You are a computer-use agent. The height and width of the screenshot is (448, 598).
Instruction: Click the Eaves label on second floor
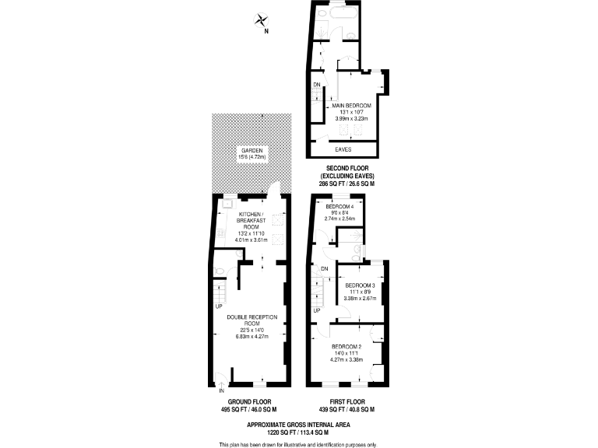click(x=343, y=149)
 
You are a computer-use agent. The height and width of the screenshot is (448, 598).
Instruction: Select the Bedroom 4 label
click(x=339, y=206)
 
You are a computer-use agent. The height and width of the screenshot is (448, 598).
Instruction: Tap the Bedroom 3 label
click(x=360, y=285)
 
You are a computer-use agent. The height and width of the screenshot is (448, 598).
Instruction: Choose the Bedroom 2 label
click(x=346, y=346)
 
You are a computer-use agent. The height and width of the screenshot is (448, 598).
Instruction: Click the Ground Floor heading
click(x=249, y=401)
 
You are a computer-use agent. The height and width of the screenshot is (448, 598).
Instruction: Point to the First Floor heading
click(x=347, y=401)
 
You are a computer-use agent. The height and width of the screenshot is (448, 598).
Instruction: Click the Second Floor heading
click(x=347, y=168)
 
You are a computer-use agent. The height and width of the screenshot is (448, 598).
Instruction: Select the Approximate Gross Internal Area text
click(x=298, y=424)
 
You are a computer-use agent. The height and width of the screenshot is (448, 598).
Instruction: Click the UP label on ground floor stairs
click(x=219, y=305)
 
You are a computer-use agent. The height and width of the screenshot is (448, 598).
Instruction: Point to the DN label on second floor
click(x=317, y=85)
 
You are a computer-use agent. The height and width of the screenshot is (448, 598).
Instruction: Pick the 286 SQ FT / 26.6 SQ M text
click(x=347, y=184)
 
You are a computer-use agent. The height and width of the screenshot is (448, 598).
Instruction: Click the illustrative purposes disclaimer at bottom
click(x=298, y=444)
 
